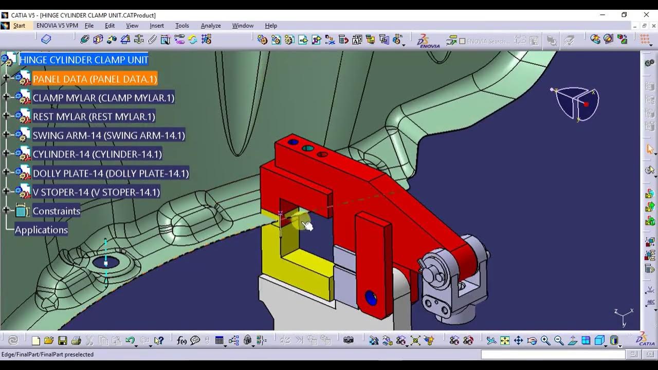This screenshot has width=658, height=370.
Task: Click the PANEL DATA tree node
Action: pyautogui.click(x=95, y=79)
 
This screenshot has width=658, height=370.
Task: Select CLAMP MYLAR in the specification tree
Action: pyautogui.click(x=103, y=98)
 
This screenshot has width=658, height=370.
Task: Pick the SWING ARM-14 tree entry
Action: pyautogui.click(x=108, y=136)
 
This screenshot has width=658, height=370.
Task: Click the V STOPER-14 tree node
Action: pyautogui.click(x=96, y=192)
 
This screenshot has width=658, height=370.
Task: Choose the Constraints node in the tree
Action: pyautogui.click(x=56, y=211)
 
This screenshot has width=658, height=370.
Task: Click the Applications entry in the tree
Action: pyautogui.click(x=41, y=230)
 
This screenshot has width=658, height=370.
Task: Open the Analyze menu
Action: pyautogui.click(x=210, y=26)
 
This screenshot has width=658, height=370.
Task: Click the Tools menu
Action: pyautogui.click(x=182, y=26)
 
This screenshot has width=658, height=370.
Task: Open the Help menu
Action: pyautogui.click(x=271, y=26)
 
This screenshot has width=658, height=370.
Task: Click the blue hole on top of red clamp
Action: pyautogui.click(x=293, y=142)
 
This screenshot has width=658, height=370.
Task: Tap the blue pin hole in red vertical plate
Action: pyautogui.click(x=371, y=298)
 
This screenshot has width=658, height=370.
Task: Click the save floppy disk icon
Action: pyautogui.click(x=62, y=340)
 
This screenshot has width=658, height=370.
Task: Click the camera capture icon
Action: pyautogui.click(x=349, y=340)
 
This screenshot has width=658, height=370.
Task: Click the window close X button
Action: pyautogui.click(x=646, y=15)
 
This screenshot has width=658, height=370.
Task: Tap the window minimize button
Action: pyautogui.click(x=602, y=15)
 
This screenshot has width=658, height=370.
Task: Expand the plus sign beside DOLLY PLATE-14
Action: pyautogui.click(x=6, y=173)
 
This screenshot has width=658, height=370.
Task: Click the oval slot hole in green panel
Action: pyautogui.click(x=106, y=263)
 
